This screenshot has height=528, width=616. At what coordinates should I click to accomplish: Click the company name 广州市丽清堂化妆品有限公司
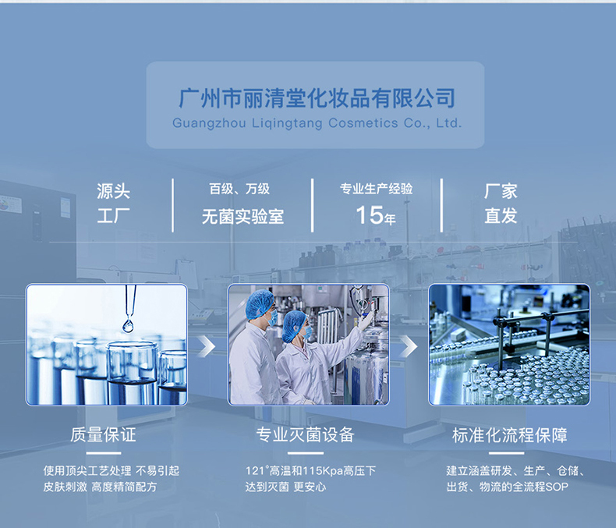pyautogui.click(x=317, y=99)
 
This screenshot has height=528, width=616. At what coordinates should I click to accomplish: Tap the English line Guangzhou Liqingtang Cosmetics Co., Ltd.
pyautogui.click(x=317, y=123)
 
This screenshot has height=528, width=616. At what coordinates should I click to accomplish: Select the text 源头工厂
pyautogui.click(x=113, y=204)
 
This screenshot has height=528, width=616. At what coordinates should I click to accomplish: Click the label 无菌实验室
pyautogui.click(x=243, y=217)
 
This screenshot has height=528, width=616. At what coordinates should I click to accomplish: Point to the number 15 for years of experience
pyautogui.click(x=369, y=215)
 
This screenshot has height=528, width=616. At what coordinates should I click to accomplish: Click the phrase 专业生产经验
pyautogui.click(x=376, y=189)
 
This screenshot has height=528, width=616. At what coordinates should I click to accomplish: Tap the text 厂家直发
pyautogui.click(x=501, y=204)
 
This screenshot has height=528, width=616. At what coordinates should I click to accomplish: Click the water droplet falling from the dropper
pyautogui.click(x=128, y=325)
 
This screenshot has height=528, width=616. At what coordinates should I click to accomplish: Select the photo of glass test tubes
pyautogui.click(x=107, y=345)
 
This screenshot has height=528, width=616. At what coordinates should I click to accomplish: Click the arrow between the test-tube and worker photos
pyautogui.click(x=206, y=346)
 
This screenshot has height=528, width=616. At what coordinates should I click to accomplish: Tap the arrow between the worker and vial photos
pyautogui.click(x=408, y=346)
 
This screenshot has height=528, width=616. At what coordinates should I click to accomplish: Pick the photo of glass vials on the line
pyautogui.click(x=508, y=345)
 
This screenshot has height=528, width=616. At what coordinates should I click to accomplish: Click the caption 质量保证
pyautogui.click(x=103, y=434)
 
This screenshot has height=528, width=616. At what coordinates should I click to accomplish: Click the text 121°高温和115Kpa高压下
pyautogui.click(x=310, y=471)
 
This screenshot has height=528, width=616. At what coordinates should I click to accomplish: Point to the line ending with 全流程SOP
pyautogui.click(x=508, y=487)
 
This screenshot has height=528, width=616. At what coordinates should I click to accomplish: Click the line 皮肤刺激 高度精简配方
pyautogui.click(x=100, y=487)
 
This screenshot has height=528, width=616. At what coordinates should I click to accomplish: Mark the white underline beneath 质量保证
pyautogui.click(x=103, y=452)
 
